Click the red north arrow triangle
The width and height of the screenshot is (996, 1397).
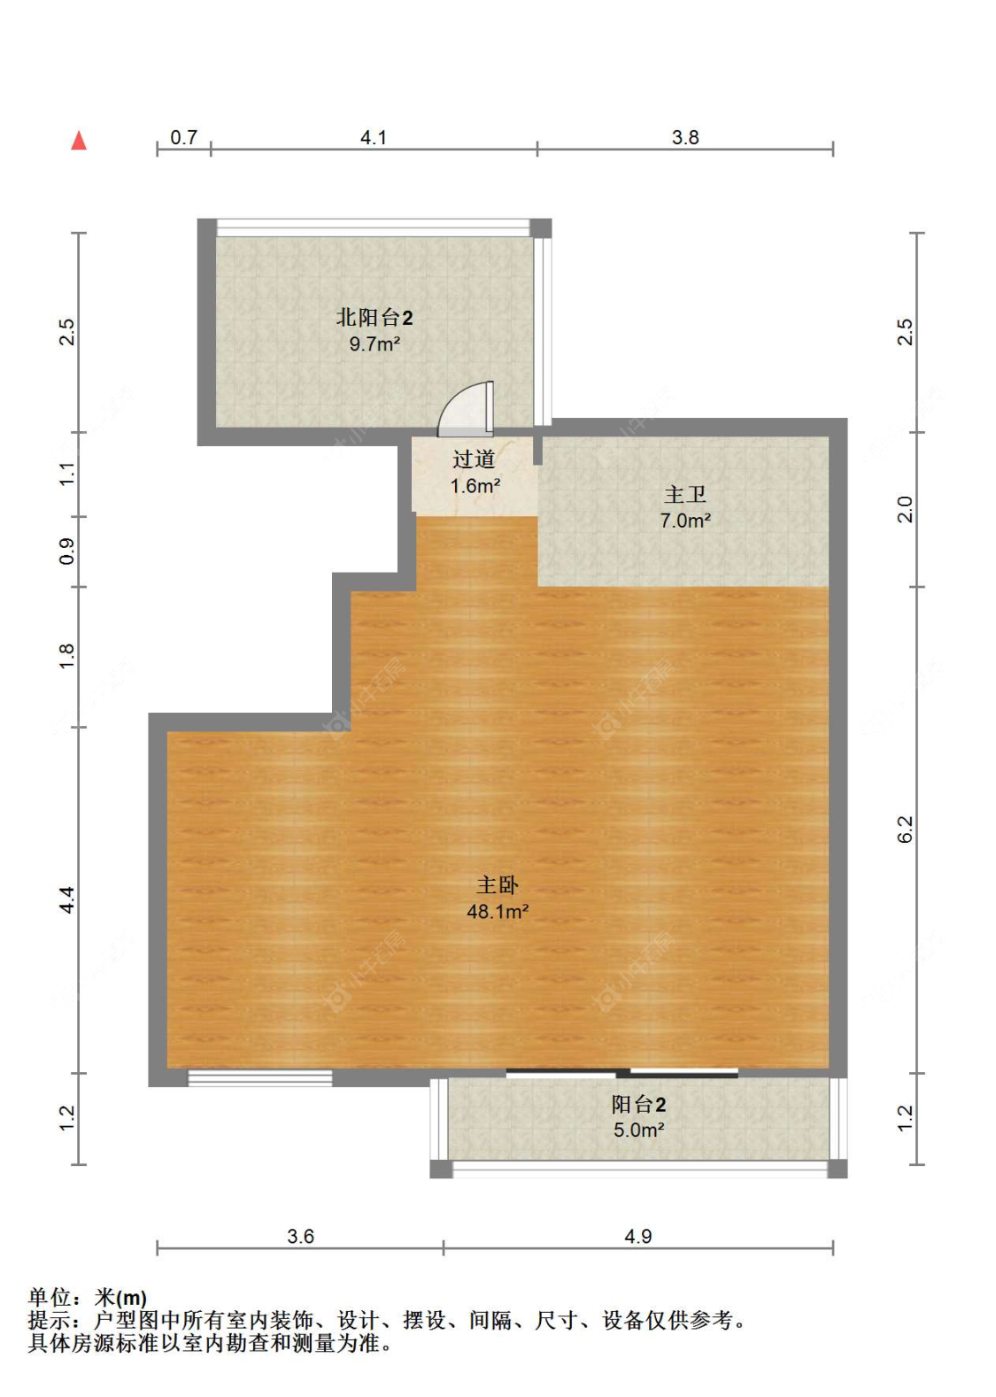point(79,141)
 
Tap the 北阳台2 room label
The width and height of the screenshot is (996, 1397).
point(374,318)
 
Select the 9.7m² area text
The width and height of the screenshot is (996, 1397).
point(374,343)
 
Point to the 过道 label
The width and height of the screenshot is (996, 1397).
point(474,459)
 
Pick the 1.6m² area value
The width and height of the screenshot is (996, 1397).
point(475,485)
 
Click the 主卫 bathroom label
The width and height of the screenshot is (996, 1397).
point(684,495)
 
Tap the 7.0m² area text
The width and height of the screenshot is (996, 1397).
point(685,521)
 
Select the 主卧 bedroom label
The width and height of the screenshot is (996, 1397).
point(497,885)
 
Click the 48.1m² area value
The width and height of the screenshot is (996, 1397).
point(498,911)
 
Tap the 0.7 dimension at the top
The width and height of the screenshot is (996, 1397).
point(184,137)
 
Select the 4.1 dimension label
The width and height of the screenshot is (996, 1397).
point(374,137)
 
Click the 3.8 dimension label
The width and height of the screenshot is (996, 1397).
point(684,137)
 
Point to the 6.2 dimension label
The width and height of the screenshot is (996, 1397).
point(905,830)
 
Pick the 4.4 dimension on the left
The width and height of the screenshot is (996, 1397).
point(66,900)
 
